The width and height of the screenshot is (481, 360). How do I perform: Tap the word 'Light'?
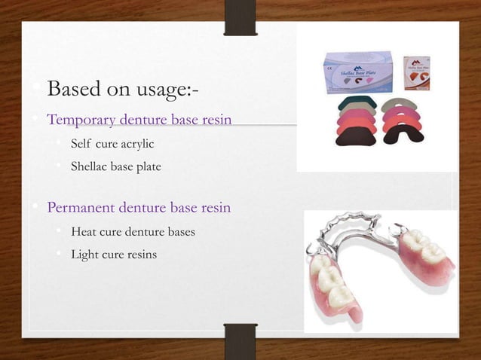click(84, 255)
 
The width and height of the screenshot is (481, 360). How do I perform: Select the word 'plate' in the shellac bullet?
click(149, 166)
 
